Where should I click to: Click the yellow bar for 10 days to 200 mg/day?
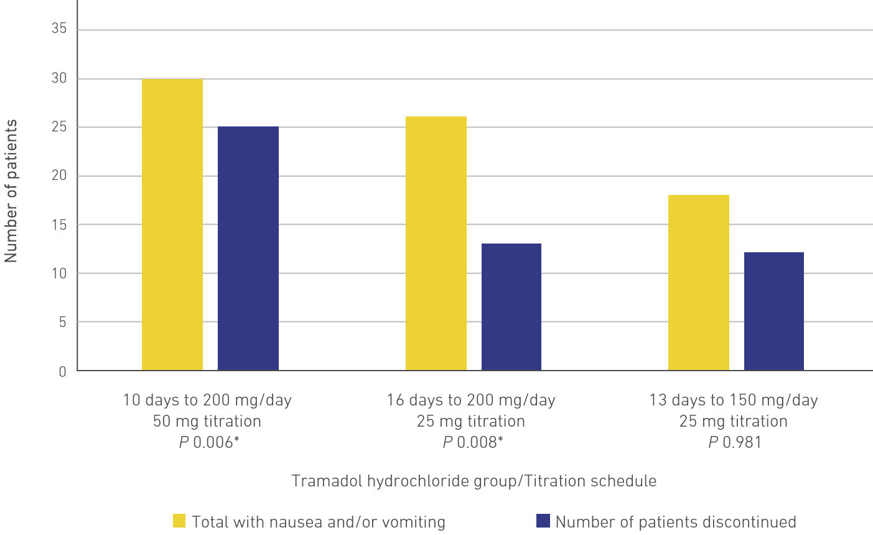click(172, 225)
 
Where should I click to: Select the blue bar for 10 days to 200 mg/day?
click(248, 249)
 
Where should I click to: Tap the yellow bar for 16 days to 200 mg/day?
click(436, 244)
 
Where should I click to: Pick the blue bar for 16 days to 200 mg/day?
click(511, 307)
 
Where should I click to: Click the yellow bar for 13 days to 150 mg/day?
click(698, 283)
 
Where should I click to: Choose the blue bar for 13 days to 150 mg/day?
click(774, 311)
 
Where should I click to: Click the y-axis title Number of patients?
click(11, 191)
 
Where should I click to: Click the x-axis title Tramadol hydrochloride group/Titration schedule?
click(474, 481)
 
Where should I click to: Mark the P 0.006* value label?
click(207, 443)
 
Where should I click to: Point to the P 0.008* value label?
click(471, 443)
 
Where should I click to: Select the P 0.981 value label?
click(734, 443)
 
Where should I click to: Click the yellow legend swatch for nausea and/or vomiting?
click(179, 521)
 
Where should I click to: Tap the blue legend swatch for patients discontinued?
click(543, 521)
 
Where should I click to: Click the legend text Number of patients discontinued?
click(676, 522)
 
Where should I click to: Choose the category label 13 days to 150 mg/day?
click(734, 400)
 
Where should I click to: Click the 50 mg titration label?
click(207, 422)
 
